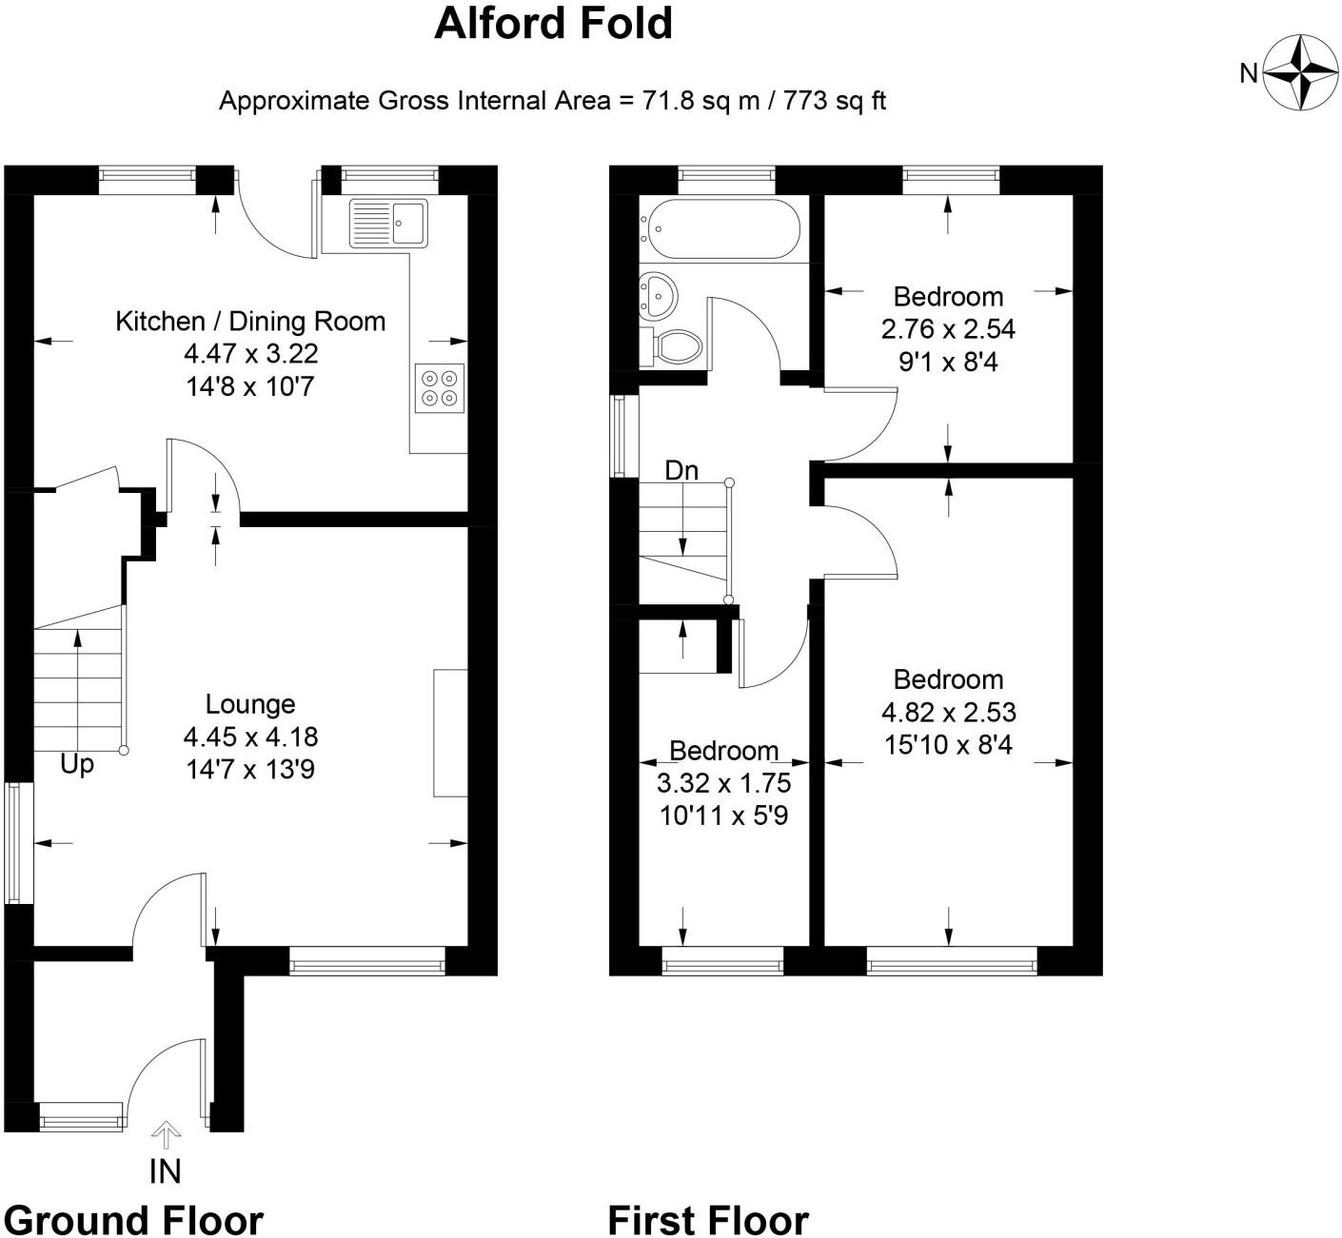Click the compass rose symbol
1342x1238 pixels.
1300,72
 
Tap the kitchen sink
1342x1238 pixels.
388,223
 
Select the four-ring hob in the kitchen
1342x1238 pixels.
440,388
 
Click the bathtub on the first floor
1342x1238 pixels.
722,229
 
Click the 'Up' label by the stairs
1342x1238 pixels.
77,763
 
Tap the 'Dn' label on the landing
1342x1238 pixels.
681,470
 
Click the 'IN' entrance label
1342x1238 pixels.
166,1171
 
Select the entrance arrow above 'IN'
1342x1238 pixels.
166,1134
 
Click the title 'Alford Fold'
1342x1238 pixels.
553,24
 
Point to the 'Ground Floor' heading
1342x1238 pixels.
133,1219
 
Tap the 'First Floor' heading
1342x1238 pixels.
708,1219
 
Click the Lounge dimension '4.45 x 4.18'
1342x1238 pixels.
250,737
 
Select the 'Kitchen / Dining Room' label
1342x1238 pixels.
250,322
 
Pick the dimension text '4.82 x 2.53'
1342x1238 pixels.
949,712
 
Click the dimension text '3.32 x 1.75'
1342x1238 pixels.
723,783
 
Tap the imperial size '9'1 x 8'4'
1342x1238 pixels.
948,363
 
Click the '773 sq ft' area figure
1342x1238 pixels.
835,101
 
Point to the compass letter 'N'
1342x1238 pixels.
1250,72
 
